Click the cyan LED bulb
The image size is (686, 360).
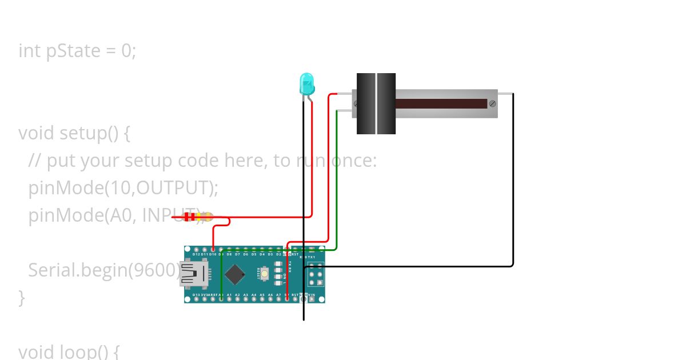pos(306,84)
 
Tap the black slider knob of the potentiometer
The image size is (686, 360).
pos(376,103)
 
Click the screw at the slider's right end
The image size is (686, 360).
pos(492,103)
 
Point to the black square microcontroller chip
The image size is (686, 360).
pos(235,274)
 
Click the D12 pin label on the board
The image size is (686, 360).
pos(196,254)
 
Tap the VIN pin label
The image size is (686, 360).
pos(312,295)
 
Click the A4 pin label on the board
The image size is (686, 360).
pos(254,295)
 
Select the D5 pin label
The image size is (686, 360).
pos(254,254)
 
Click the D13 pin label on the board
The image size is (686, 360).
pos(196,295)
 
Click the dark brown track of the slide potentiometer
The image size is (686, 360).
pos(440,104)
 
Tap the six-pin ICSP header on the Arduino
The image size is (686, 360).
pos(316,275)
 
